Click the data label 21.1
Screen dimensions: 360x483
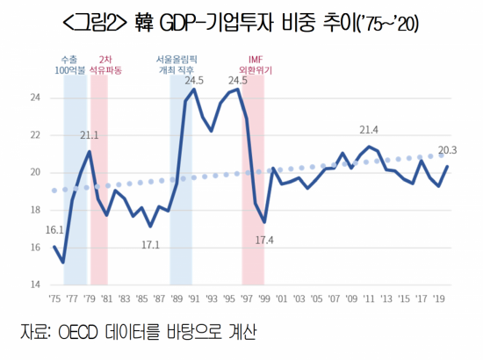pyautogui.click(x=89, y=135)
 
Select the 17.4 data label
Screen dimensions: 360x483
pyautogui.click(x=264, y=240)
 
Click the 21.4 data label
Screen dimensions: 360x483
pyautogui.click(x=369, y=130)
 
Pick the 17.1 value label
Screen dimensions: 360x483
pyautogui.click(x=150, y=243)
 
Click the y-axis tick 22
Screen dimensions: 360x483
pyautogui.click(x=35, y=135)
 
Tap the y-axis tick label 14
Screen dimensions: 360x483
pyautogui.click(x=35, y=285)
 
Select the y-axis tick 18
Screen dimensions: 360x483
pyautogui.click(x=35, y=211)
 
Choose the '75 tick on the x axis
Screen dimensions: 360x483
pyautogui.click(x=54, y=299)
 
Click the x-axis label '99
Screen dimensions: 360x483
pyautogui.click(x=263, y=299)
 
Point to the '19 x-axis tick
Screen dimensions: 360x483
pyautogui.click(x=438, y=299)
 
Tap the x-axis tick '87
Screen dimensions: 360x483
pyautogui.click(x=158, y=299)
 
